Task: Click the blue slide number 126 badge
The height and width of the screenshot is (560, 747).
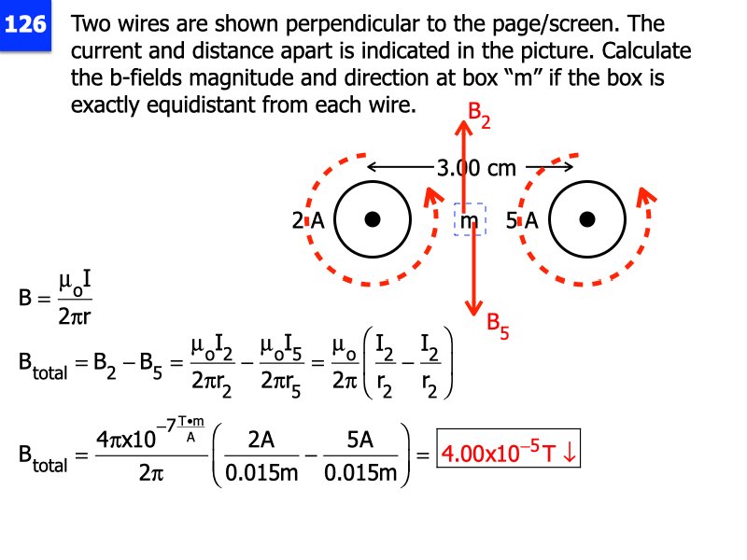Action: click(25, 25)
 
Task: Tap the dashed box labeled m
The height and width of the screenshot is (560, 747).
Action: click(469, 220)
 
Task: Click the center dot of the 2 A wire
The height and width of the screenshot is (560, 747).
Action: click(373, 219)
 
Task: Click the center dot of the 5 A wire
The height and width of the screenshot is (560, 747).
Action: click(586, 219)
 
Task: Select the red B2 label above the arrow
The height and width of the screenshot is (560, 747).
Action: click(478, 115)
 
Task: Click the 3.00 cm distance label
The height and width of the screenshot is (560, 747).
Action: click(475, 168)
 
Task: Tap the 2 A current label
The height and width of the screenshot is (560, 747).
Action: click(307, 221)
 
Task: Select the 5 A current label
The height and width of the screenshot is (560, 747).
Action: click(521, 221)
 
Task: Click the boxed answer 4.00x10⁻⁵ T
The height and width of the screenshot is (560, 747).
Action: click(510, 455)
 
